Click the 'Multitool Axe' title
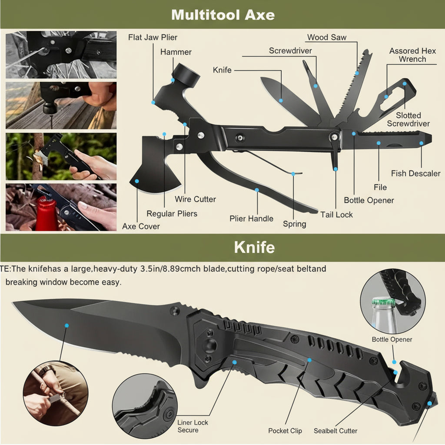coord(222,14)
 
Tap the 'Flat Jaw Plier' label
coord(153,37)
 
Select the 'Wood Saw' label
coord(327,37)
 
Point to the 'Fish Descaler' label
coord(415,173)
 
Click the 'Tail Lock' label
coord(336,214)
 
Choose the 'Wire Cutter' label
coord(195,199)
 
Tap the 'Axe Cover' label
coord(141,226)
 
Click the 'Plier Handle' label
coord(251,219)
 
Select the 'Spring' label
coord(294,224)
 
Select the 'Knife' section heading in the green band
coord(254,247)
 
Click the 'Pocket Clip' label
coord(285,431)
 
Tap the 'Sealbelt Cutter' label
coord(335,431)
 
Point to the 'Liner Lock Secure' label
coord(193,426)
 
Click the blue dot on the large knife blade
coord(66,325)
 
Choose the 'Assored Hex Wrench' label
coord(412,55)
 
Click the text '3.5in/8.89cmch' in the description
coord(171,269)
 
